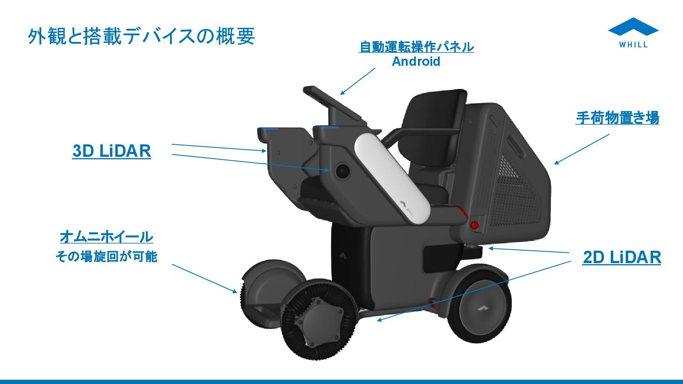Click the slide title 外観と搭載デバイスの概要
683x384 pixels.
[x=141, y=36]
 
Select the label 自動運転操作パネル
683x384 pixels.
[x=416, y=47]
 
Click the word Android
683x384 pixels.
[x=416, y=62]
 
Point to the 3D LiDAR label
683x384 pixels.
[x=111, y=151]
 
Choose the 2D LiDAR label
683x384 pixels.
[x=621, y=257]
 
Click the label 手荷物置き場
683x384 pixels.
[x=617, y=118]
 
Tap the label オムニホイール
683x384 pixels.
[x=106, y=236]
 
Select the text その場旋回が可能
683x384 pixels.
[x=106, y=256]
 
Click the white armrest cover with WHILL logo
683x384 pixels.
[x=391, y=178]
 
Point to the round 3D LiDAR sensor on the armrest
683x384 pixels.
[x=343, y=171]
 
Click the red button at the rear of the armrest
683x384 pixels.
[x=474, y=225]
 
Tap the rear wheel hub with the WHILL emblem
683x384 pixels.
[x=483, y=308]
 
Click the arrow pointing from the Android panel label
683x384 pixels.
[x=358, y=81]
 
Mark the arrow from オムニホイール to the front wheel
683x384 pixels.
[x=204, y=278]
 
